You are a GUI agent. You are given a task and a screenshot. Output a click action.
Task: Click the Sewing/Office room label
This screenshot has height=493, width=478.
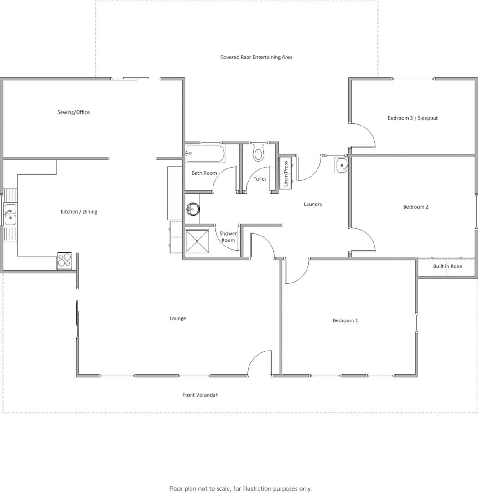[x=73, y=112]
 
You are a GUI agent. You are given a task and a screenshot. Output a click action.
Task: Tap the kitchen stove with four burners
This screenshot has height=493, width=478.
[x=64, y=260]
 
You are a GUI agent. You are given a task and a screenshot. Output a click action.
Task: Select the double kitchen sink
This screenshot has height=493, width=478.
[x=10, y=215]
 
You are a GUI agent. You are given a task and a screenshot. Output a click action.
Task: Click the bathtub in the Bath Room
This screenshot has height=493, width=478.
[x=205, y=153]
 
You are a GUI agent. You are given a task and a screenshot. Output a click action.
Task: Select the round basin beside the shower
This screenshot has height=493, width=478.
[x=193, y=210]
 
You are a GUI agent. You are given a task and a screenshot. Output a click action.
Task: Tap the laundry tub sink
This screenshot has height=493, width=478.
[x=342, y=165]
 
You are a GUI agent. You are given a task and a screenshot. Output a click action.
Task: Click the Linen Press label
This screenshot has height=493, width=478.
[x=286, y=173]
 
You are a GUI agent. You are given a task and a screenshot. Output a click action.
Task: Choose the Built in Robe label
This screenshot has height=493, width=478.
[x=447, y=266]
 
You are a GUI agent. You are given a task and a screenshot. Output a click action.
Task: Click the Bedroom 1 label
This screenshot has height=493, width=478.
[x=345, y=320]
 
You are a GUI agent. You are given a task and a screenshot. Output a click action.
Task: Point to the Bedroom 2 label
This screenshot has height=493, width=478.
[x=416, y=207]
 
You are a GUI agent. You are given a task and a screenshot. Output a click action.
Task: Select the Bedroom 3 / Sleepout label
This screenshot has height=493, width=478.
[x=412, y=118]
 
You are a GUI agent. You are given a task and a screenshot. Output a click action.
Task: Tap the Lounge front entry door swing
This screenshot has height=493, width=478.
[x=258, y=363]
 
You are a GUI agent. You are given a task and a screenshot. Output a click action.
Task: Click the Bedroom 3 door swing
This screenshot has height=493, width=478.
[x=364, y=135]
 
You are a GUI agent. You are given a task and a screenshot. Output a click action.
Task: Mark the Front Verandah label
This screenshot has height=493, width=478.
[x=200, y=395]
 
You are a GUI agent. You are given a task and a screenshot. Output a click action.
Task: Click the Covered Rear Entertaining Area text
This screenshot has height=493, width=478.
[x=256, y=57]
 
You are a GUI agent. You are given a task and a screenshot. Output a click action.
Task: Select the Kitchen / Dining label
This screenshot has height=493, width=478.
[x=79, y=212]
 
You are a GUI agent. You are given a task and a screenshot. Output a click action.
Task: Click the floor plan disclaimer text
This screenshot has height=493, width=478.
[x=240, y=488]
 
